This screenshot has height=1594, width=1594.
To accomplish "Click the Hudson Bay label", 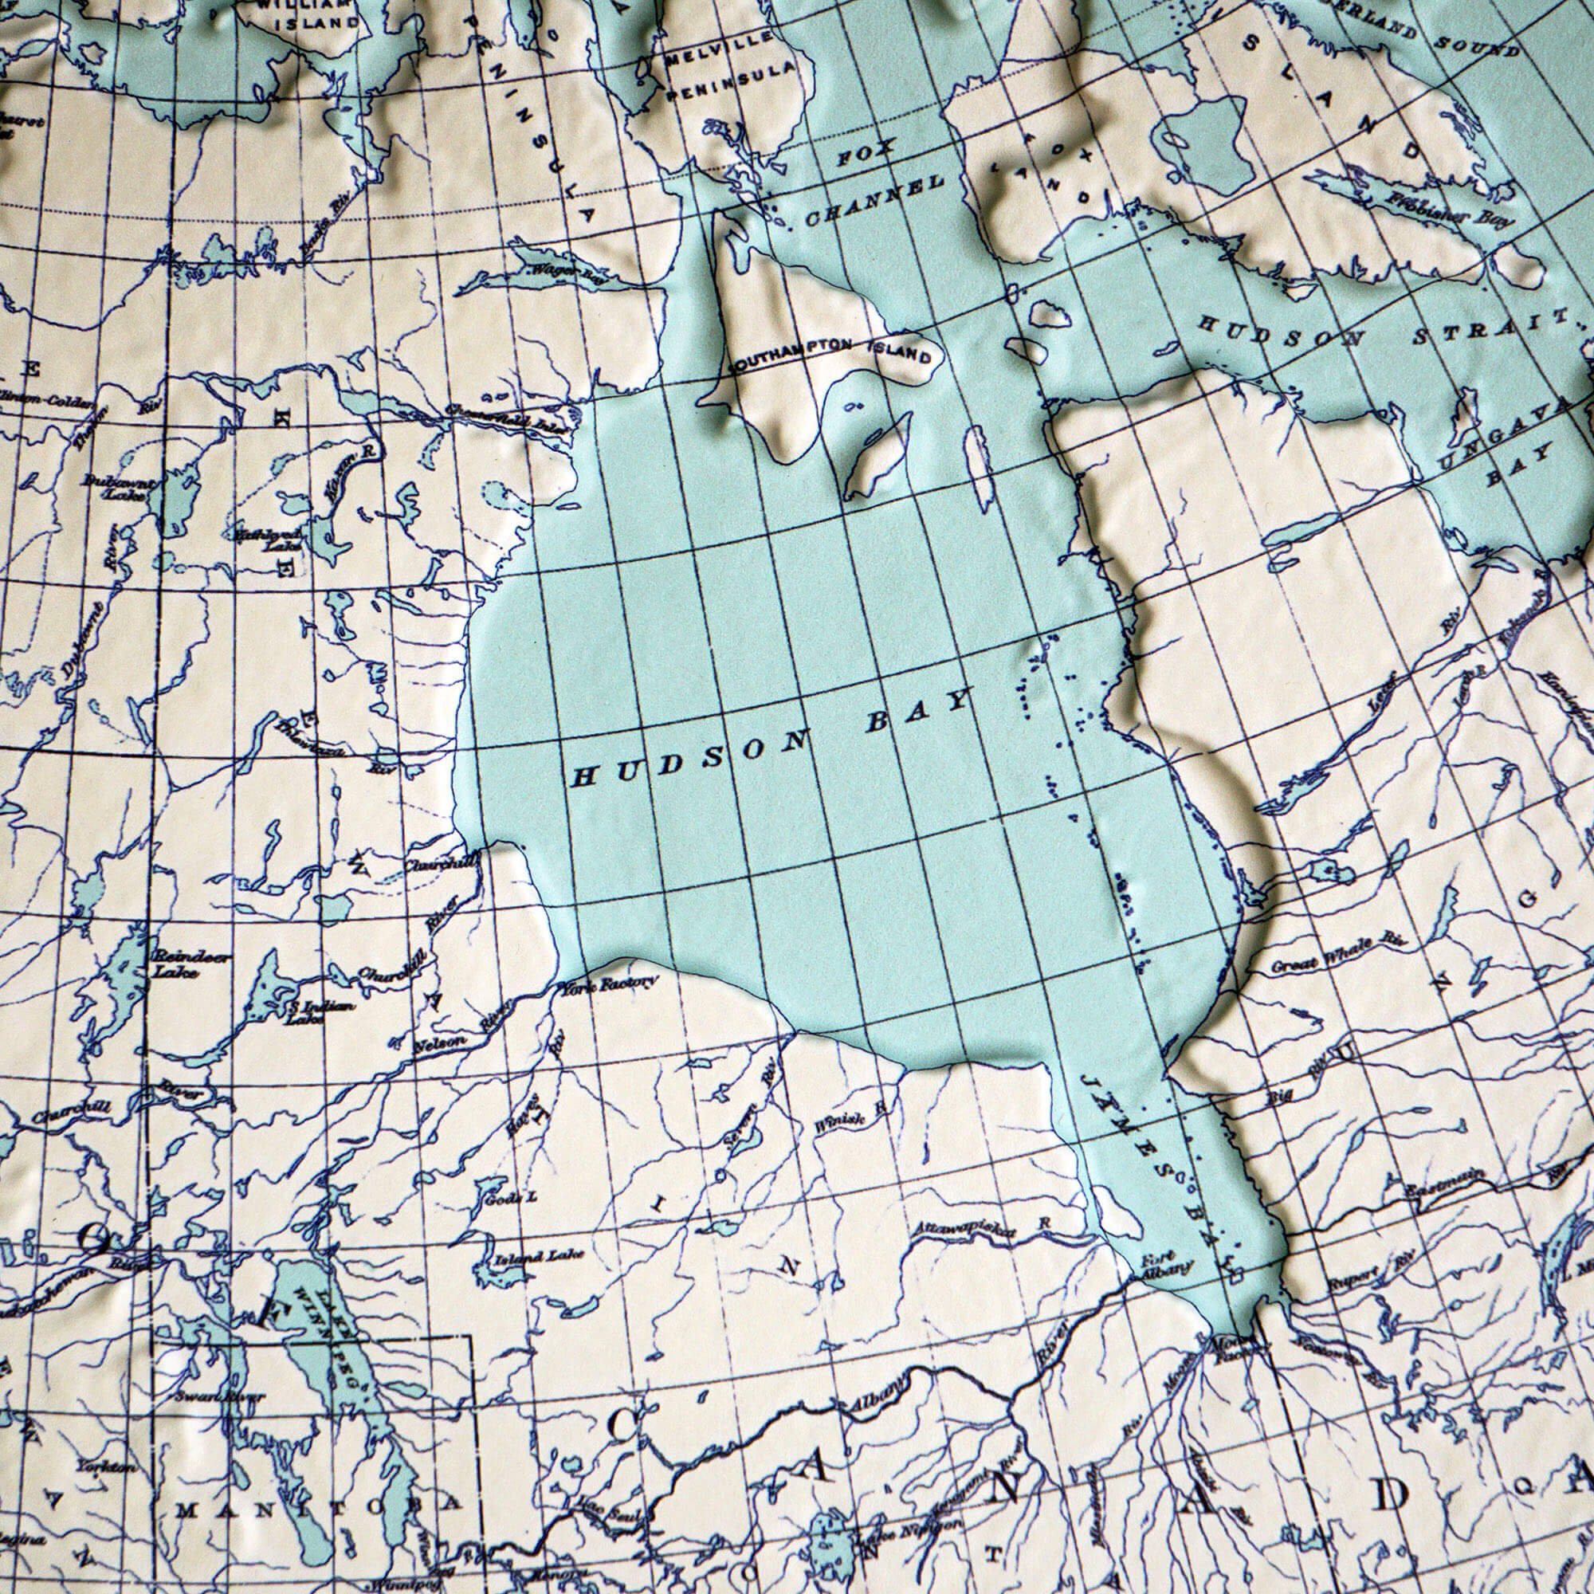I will pos(771,736).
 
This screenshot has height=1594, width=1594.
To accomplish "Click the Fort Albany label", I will pos(1166,1264).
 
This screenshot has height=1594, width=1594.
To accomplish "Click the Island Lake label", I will pos(539,1257).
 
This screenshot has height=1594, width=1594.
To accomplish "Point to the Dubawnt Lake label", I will pos(116,487).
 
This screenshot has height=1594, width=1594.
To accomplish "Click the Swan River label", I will pos(219,1396).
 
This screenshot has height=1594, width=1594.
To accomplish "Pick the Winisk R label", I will pos(850,1117).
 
